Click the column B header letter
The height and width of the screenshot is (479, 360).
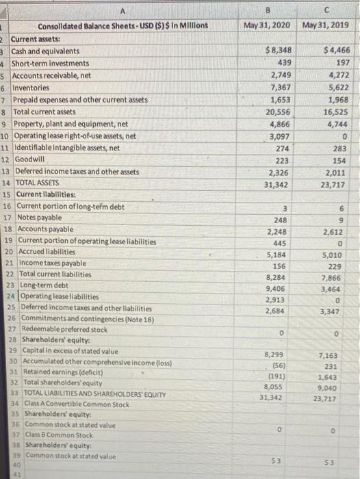(265, 10)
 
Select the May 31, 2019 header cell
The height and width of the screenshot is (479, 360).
(325, 25)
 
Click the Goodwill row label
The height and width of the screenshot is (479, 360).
(27, 159)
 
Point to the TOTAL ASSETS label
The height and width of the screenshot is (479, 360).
(40, 183)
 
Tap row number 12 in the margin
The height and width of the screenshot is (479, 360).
(5, 159)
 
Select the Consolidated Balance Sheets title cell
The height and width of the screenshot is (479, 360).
(123, 25)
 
